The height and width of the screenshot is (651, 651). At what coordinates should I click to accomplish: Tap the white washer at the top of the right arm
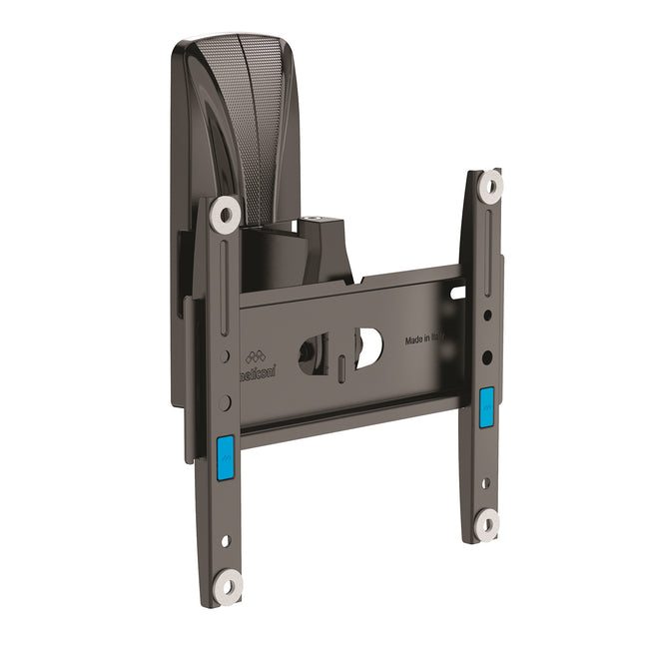(x=490, y=185)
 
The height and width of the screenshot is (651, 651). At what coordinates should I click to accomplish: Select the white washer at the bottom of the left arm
(x=228, y=585)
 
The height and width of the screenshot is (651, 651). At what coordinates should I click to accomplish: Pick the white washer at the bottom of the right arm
(x=486, y=522)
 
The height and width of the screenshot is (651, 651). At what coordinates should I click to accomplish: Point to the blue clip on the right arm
(x=486, y=406)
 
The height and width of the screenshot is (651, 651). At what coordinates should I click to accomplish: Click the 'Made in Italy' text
(x=427, y=339)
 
